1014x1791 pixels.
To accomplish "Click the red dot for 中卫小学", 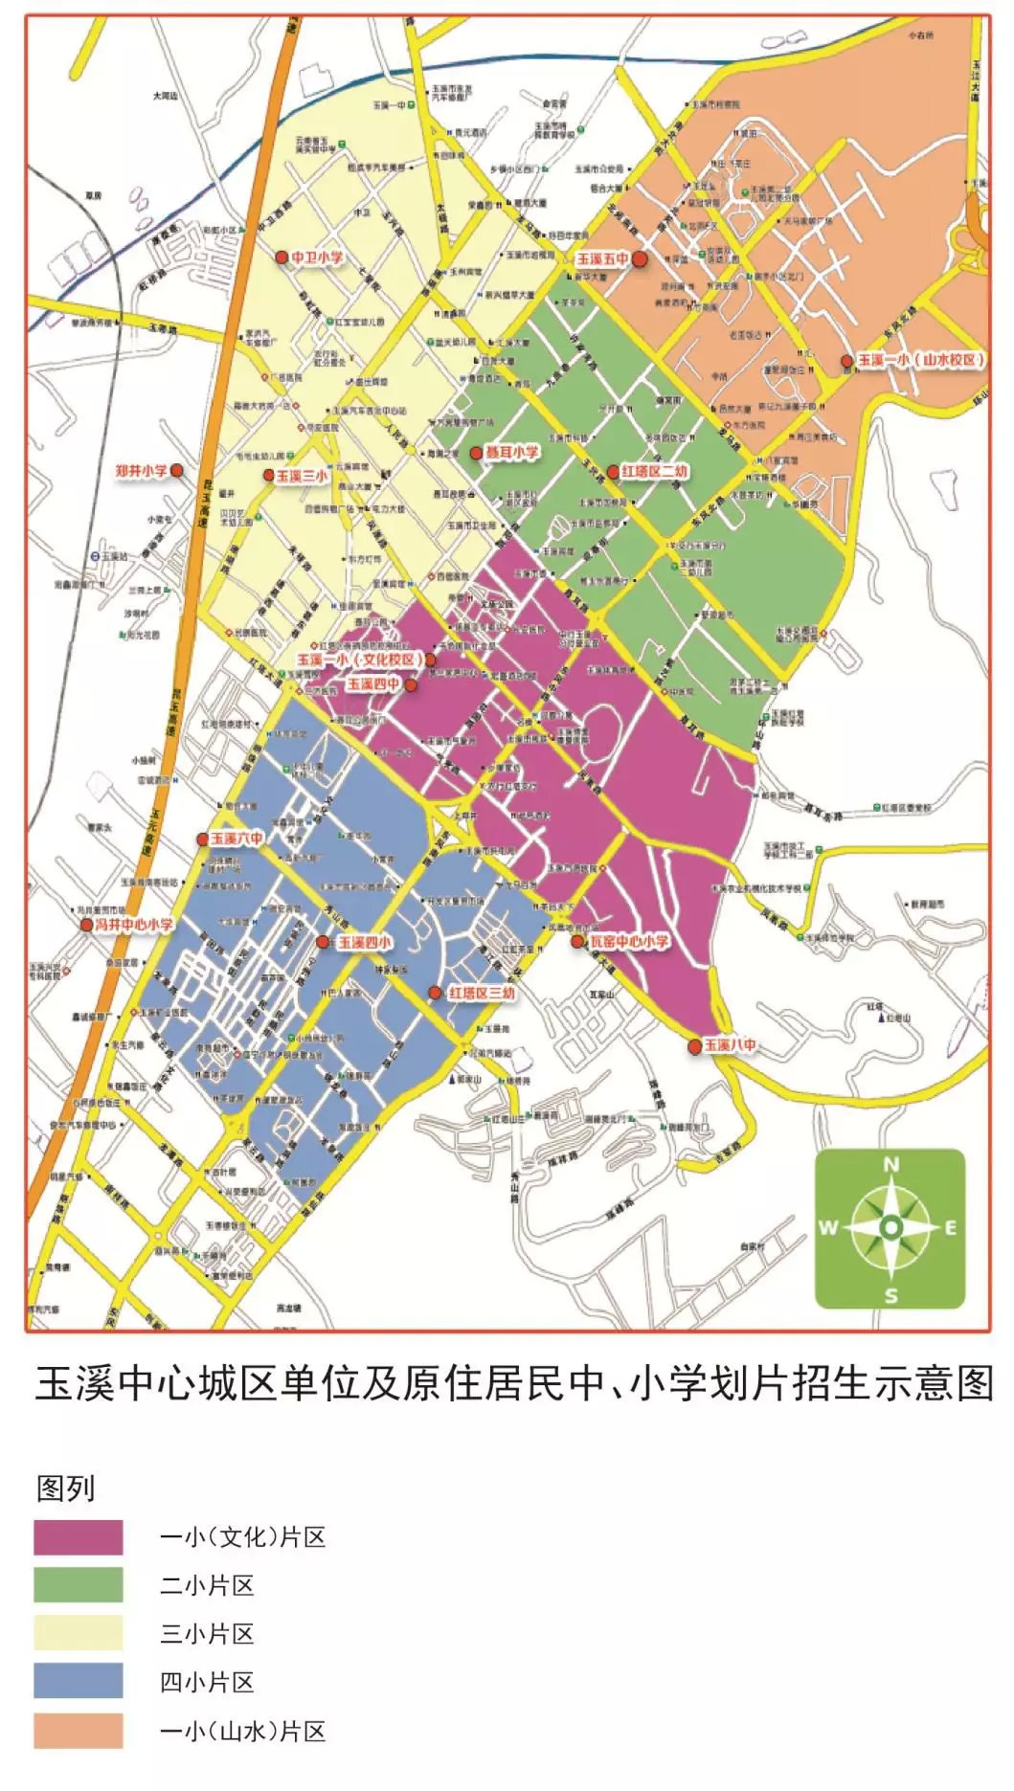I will (x=282, y=257).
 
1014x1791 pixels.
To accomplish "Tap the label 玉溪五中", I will (x=602, y=259).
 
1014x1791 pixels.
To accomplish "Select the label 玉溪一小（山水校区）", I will (x=920, y=360).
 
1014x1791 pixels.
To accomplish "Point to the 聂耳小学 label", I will (x=512, y=452).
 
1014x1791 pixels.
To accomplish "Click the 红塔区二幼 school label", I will (x=655, y=472).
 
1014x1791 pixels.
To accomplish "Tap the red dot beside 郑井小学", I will (x=176, y=471).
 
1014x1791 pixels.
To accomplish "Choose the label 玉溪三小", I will (x=302, y=476).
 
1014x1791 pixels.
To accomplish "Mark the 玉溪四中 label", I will (x=373, y=684).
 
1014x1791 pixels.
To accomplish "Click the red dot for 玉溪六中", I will (x=202, y=840).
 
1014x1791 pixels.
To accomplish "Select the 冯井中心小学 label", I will (x=135, y=925).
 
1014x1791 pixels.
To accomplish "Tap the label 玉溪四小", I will (x=364, y=943).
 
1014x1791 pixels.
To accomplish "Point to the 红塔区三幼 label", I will (x=482, y=994).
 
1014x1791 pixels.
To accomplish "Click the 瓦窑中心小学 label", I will (x=628, y=942).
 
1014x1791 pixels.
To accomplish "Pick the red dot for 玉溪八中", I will (x=695, y=1047).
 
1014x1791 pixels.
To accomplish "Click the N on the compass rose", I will (x=890, y=1165).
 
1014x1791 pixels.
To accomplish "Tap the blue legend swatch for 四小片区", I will (x=79, y=1681).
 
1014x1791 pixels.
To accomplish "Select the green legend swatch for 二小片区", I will (x=79, y=1584).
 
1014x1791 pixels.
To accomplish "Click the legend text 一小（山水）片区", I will (x=242, y=1731).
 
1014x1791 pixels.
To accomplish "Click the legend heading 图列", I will (x=65, y=1489).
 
